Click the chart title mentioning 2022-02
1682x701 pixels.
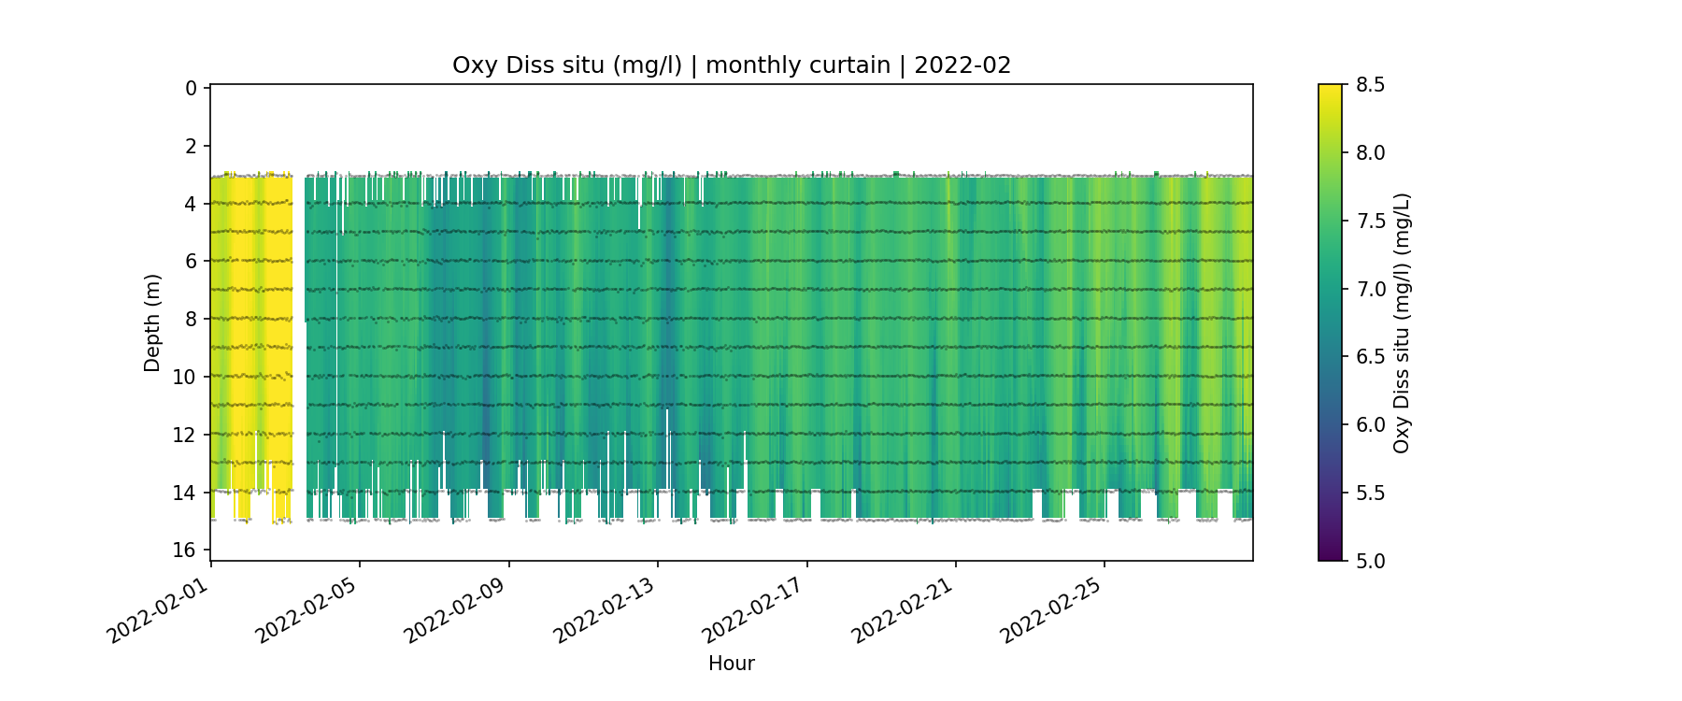pyautogui.click(x=732, y=65)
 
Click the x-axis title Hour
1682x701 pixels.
pyautogui.click(x=732, y=664)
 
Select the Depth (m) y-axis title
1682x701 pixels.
pyautogui.click(x=152, y=322)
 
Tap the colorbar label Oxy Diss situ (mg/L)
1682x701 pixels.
pyautogui.click(x=1401, y=322)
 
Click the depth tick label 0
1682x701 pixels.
pyautogui.click(x=192, y=88)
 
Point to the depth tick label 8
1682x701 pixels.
pyautogui.click(x=192, y=319)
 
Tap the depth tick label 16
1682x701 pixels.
pyautogui.click(x=185, y=550)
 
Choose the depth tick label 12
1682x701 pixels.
pyautogui.click(x=185, y=435)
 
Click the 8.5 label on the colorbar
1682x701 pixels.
pyautogui.click(x=1370, y=85)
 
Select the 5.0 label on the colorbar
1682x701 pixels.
pyautogui.click(x=1370, y=561)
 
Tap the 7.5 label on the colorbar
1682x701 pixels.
pyautogui.click(x=1370, y=221)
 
